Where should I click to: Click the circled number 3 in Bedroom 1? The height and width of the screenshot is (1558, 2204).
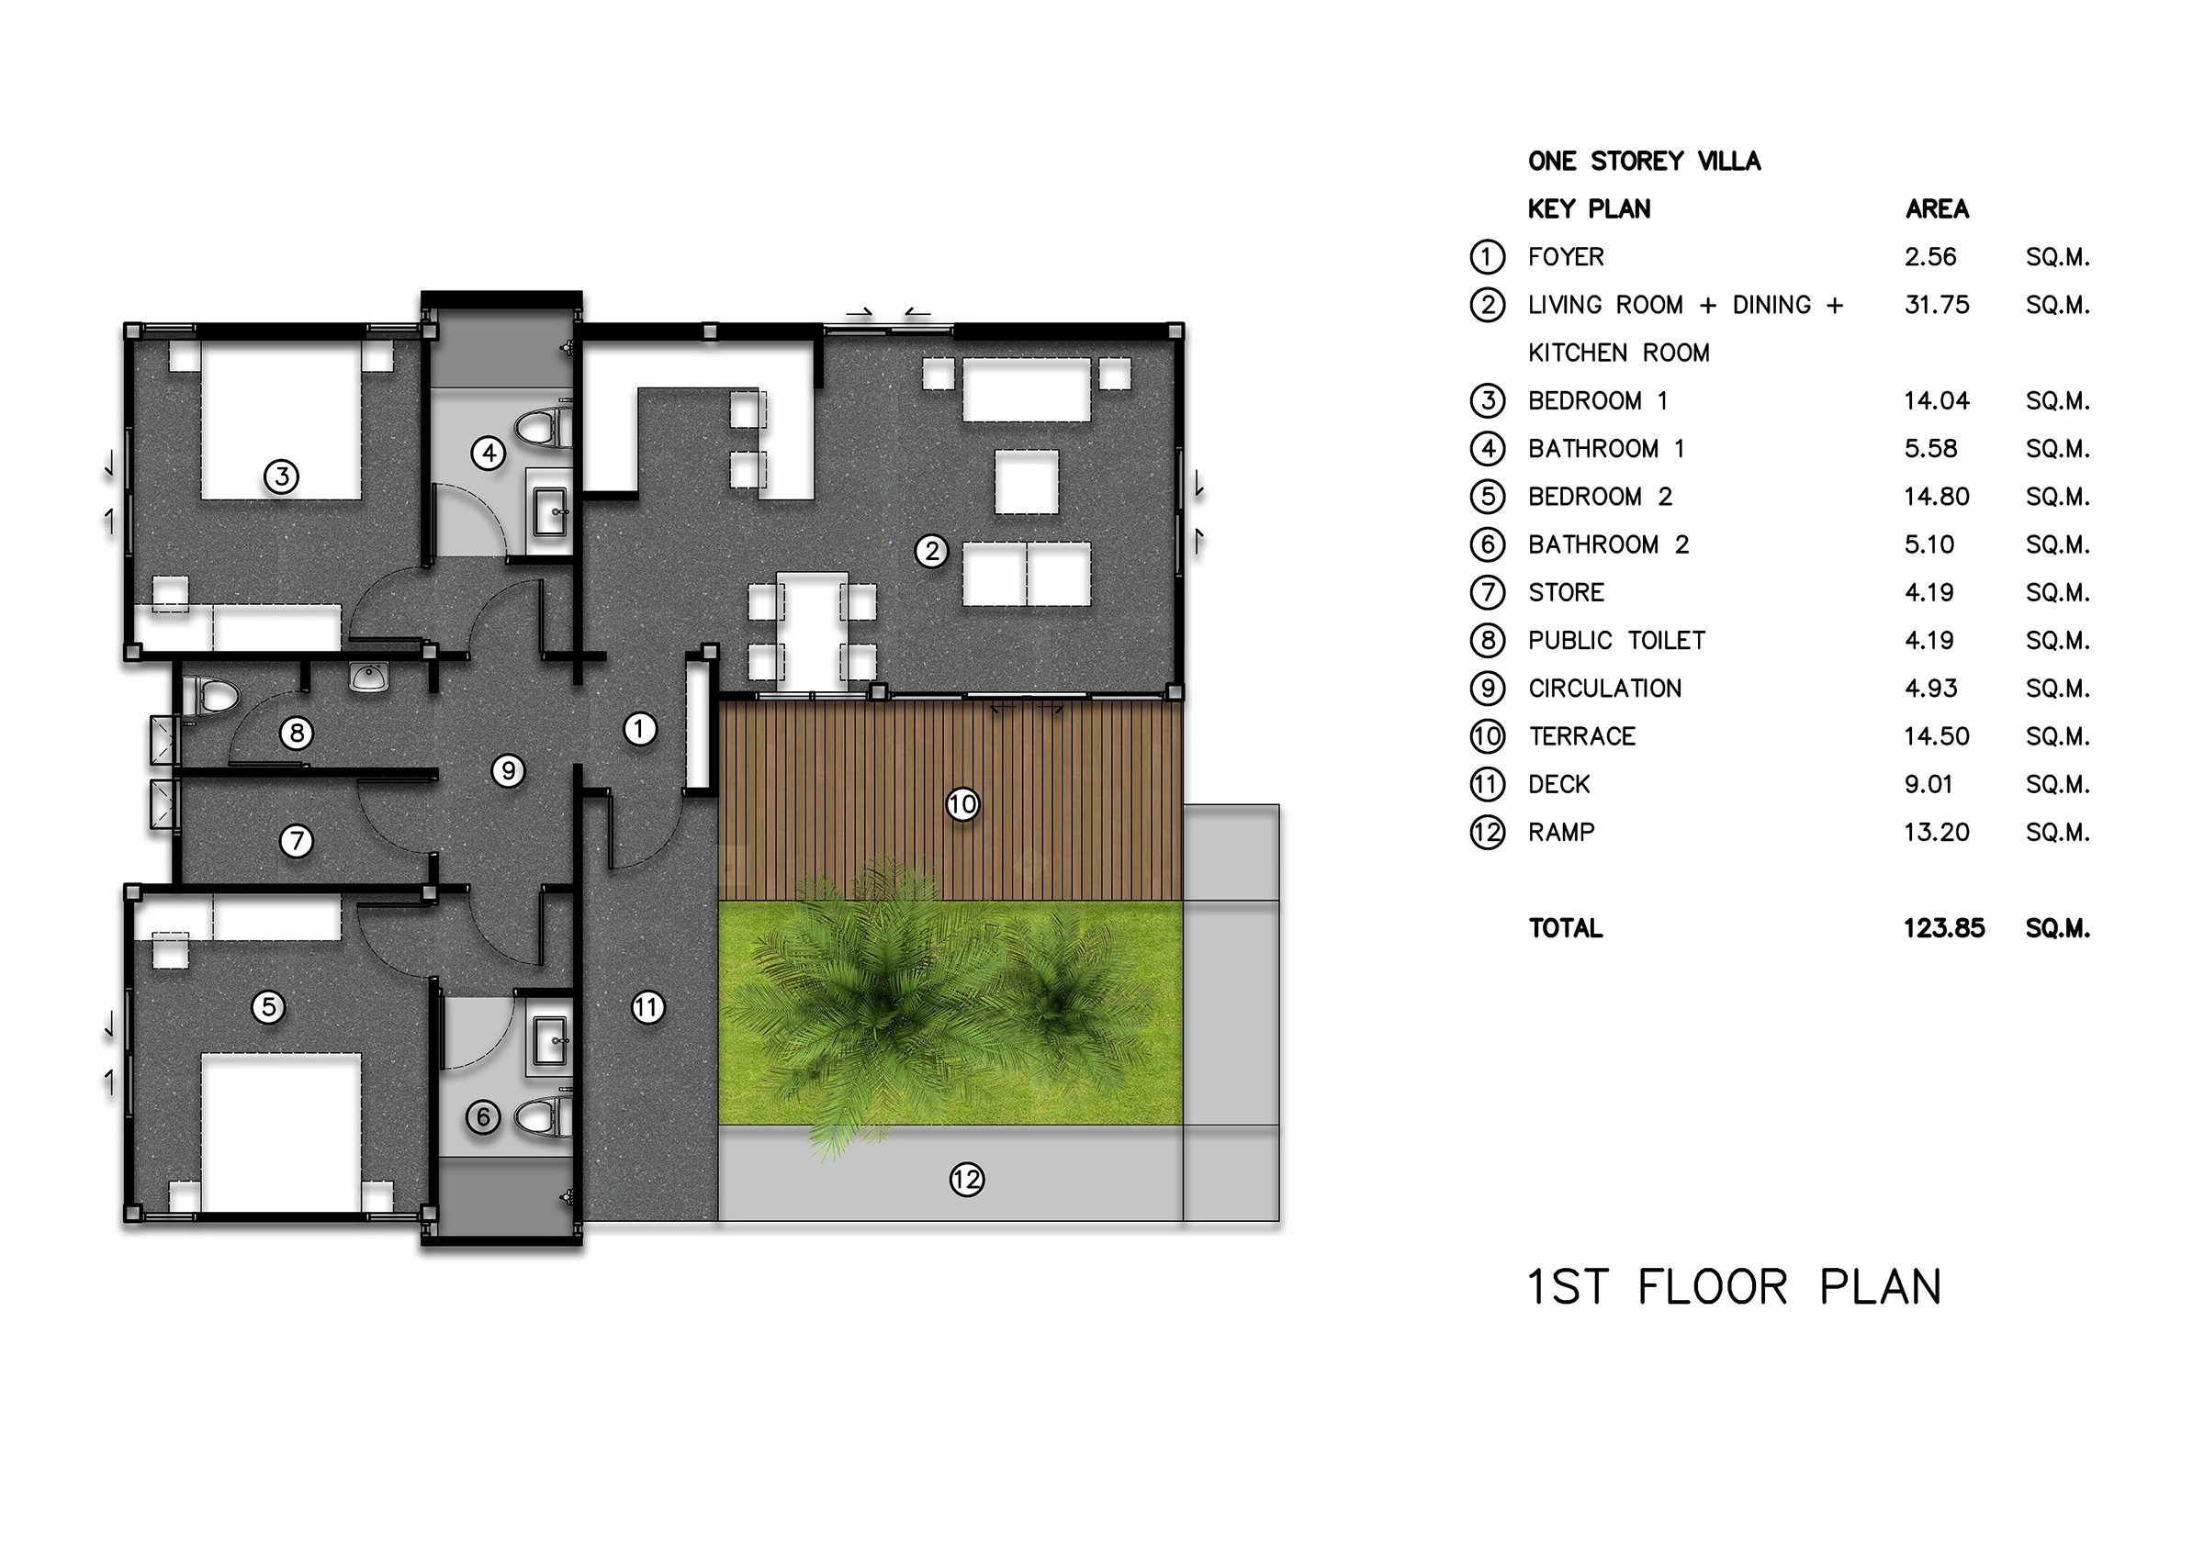(x=281, y=476)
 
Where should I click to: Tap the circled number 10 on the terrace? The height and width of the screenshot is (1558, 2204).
(x=962, y=804)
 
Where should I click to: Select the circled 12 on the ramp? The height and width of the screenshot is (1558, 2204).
(x=967, y=1179)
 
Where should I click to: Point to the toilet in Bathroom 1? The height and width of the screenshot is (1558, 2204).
(x=545, y=427)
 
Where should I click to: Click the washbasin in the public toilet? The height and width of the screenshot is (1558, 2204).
(x=368, y=677)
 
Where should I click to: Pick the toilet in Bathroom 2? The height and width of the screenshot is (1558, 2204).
(x=545, y=1117)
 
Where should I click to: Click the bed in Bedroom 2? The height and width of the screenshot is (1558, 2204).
(x=281, y=1133)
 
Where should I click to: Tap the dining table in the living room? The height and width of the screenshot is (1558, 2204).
(x=812, y=631)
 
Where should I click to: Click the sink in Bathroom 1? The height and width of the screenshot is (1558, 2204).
(x=551, y=511)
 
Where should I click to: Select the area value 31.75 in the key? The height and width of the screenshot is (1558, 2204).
(x=1936, y=305)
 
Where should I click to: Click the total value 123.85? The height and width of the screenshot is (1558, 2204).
(x=1944, y=928)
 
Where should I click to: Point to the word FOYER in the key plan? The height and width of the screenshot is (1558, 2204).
(x=1566, y=257)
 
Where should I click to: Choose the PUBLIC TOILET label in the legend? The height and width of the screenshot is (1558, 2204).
(x=1616, y=640)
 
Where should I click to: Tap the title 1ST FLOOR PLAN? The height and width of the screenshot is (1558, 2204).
(x=1734, y=1286)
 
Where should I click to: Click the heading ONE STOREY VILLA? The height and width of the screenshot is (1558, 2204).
(x=1645, y=162)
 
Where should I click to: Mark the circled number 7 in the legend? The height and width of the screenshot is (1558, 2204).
(x=1488, y=592)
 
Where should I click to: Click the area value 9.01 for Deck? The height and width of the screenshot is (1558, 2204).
(x=1928, y=784)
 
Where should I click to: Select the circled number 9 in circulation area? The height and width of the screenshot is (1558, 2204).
(x=508, y=770)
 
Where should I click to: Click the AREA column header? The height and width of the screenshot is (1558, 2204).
(x=1937, y=209)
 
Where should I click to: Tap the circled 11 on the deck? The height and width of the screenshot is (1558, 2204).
(x=648, y=1007)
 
